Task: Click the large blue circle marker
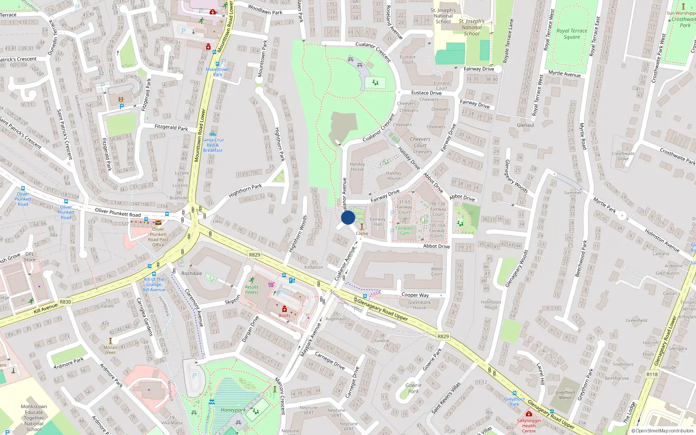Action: coord(348,217)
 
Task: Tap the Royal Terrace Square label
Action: coord(572,34)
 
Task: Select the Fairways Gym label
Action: coord(404,231)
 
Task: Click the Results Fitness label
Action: coord(251,290)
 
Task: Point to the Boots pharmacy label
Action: coord(284,315)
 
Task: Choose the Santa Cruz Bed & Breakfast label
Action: coord(213,145)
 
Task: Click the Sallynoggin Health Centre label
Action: coord(529,425)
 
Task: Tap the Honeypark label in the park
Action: coord(233,410)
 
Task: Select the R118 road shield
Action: coord(652,374)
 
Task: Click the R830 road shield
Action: coord(65,301)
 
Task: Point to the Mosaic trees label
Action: coord(110,350)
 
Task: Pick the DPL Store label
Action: coord(30,257)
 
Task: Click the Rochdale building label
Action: coord(192,273)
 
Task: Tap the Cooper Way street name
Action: coord(415,295)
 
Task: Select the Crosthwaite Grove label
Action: coord(623,156)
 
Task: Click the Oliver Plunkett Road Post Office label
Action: coord(158,237)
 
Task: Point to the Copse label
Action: coord(362,234)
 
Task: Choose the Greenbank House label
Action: coord(419,305)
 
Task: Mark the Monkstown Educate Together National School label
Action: coord(34,418)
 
